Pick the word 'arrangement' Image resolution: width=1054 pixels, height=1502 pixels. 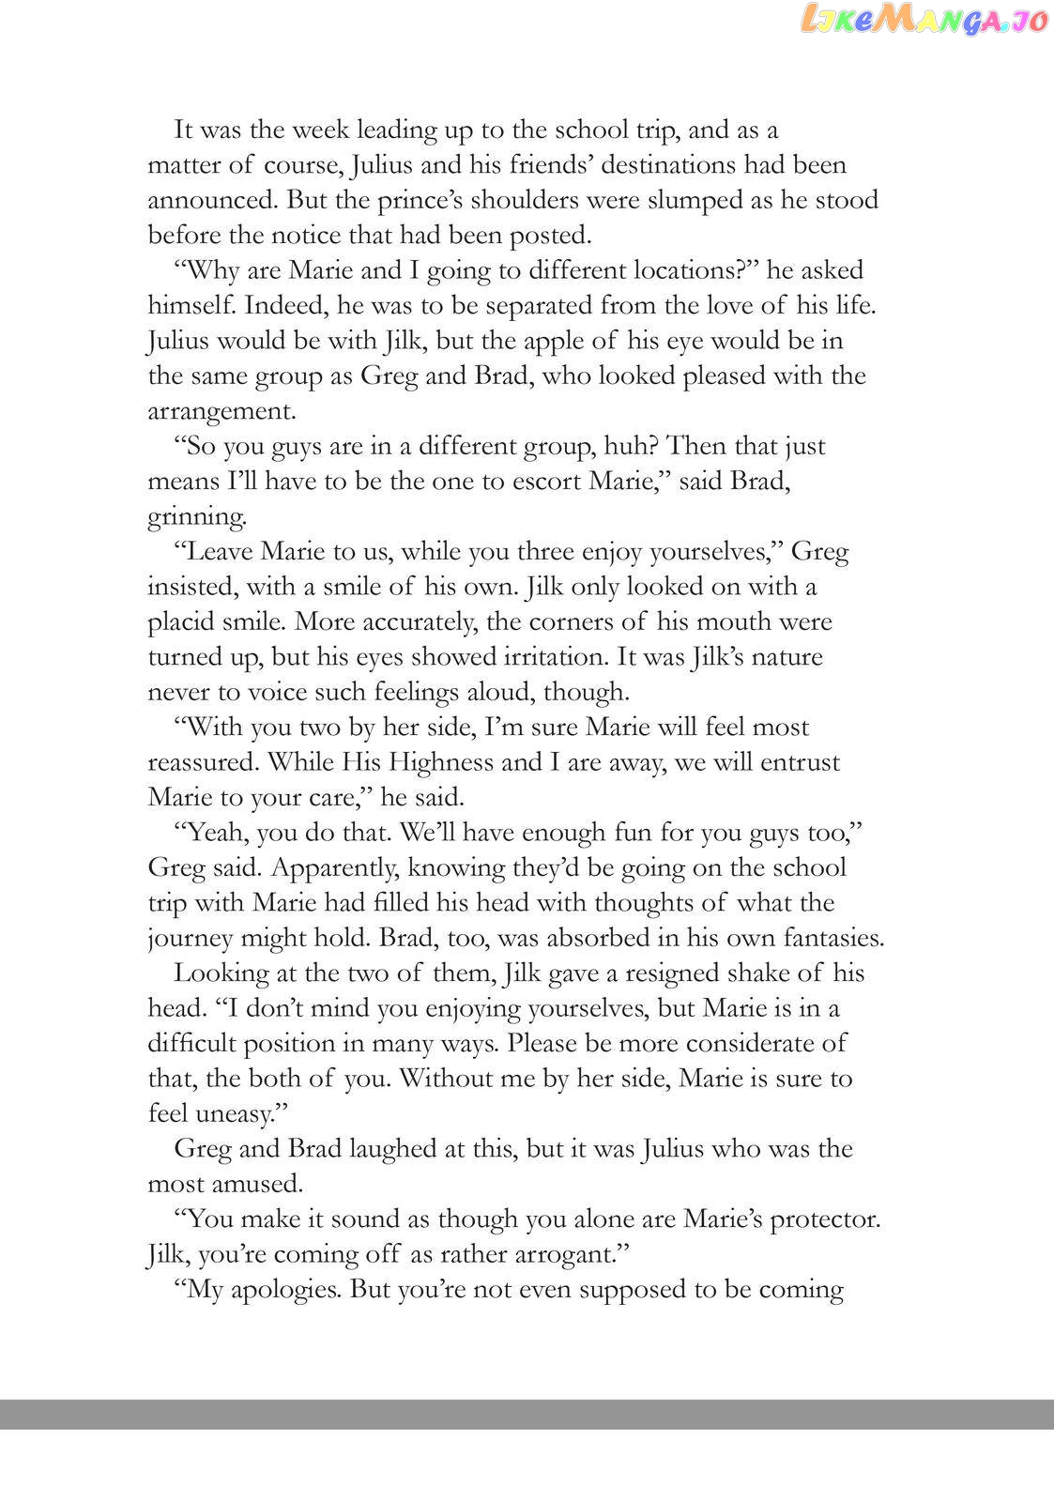(x=220, y=411)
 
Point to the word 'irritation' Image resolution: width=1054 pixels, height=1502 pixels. (x=533, y=656)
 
